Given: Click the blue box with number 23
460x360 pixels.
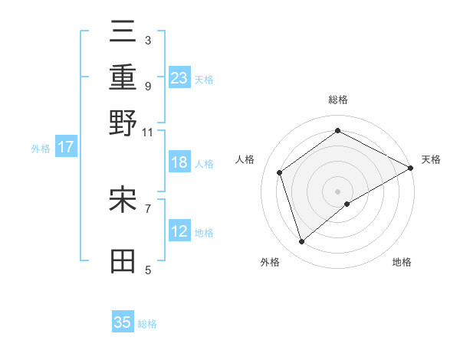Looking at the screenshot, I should (179, 78).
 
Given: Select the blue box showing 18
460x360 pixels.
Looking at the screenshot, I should (179, 162).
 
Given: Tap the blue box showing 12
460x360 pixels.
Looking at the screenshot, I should (179, 231).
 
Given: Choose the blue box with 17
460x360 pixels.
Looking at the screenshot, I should (66, 147).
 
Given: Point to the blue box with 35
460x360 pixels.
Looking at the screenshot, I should (123, 322).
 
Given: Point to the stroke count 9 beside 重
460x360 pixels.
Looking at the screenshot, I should (147, 86).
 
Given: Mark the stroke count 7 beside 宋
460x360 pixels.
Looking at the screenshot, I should (147, 207).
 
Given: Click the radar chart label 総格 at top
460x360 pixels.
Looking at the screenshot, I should (338, 100).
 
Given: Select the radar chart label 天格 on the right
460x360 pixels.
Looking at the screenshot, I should (431, 159).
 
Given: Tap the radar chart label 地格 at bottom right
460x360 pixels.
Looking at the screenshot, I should (402, 262).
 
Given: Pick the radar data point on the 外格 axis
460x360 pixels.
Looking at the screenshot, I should (302, 242).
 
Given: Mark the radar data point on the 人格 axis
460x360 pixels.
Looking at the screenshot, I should (280, 172).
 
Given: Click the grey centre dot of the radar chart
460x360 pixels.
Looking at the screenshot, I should (338, 191).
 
